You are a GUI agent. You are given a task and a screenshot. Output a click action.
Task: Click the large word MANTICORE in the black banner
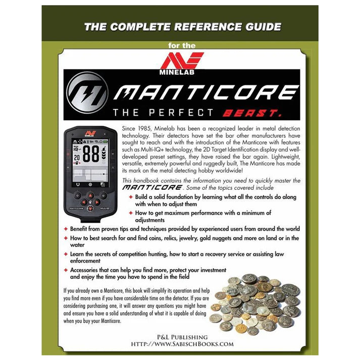[205, 93]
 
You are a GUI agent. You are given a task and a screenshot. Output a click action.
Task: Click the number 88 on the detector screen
[91, 153]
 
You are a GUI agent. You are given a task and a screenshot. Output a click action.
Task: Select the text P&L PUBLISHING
[182, 337]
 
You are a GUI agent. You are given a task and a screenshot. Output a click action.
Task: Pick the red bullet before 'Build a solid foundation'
[131, 197]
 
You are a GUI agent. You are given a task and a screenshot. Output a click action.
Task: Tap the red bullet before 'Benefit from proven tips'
[66, 229]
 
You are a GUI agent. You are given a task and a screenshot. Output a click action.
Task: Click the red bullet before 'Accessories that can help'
[66, 271]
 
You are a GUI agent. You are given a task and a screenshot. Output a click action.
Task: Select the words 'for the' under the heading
[182, 45]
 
